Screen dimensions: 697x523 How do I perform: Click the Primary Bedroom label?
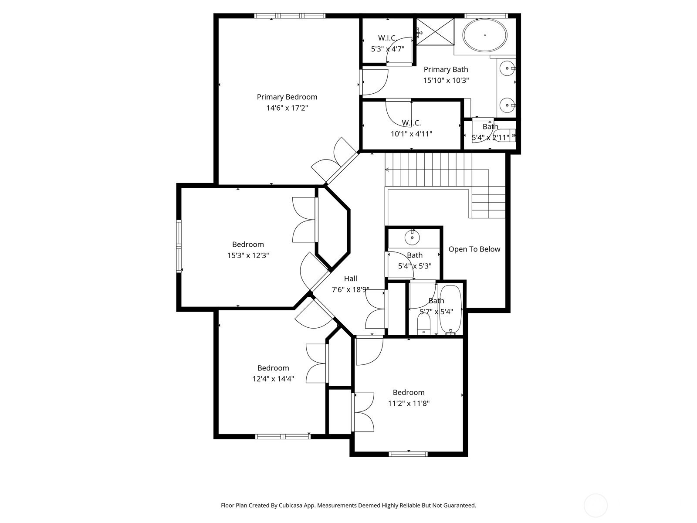[x=287, y=97]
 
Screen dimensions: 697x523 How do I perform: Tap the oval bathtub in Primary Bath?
[x=484, y=35]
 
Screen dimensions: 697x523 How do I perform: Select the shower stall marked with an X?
[x=435, y=32]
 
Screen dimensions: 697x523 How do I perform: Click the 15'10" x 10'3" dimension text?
[x=446, y=80]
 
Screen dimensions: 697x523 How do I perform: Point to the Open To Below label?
[x=474, y=249]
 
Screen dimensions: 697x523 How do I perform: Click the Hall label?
[x=351, y=278]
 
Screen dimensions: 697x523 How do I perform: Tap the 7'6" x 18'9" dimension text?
[x=351, y=289]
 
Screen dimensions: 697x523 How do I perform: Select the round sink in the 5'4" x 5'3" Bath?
[x=412, y=237]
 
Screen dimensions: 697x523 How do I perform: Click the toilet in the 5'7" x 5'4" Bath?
[x=423, y=324]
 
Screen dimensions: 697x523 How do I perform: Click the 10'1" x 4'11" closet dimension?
[x=411, y=134]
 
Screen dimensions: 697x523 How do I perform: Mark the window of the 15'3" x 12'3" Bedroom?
[x=179, y=246]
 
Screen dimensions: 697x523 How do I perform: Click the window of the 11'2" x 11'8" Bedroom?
[x=408, y=454]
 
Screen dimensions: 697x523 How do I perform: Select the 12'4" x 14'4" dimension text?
[x=273, y=379]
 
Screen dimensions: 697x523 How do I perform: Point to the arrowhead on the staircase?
[x=387, y=170]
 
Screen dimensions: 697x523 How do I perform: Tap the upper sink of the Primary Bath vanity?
[x=507, y=68]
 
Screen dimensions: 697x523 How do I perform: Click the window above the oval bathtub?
[x=486, y=16]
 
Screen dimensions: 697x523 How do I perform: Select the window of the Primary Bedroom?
[x=290, y=16]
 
